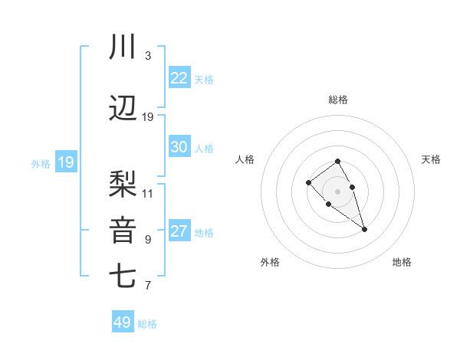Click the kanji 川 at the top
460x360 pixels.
point(123,47)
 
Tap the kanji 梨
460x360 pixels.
point(123,185)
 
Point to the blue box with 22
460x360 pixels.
point(179,78)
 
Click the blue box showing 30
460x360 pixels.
point(179,147)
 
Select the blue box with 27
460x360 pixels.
point(179,231)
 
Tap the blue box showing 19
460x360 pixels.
point(66,162)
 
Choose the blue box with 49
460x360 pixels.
point(123,322)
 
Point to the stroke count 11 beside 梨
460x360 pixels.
point(148,193)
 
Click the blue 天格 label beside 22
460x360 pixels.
point(204,80)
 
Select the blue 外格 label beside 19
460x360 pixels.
point(41,163)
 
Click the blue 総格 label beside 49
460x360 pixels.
point(147,324)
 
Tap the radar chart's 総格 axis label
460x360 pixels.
point(338,100)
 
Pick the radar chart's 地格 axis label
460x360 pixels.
point(402,262)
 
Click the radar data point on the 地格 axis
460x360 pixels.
point(364,229)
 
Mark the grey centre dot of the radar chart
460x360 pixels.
point(338,191)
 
